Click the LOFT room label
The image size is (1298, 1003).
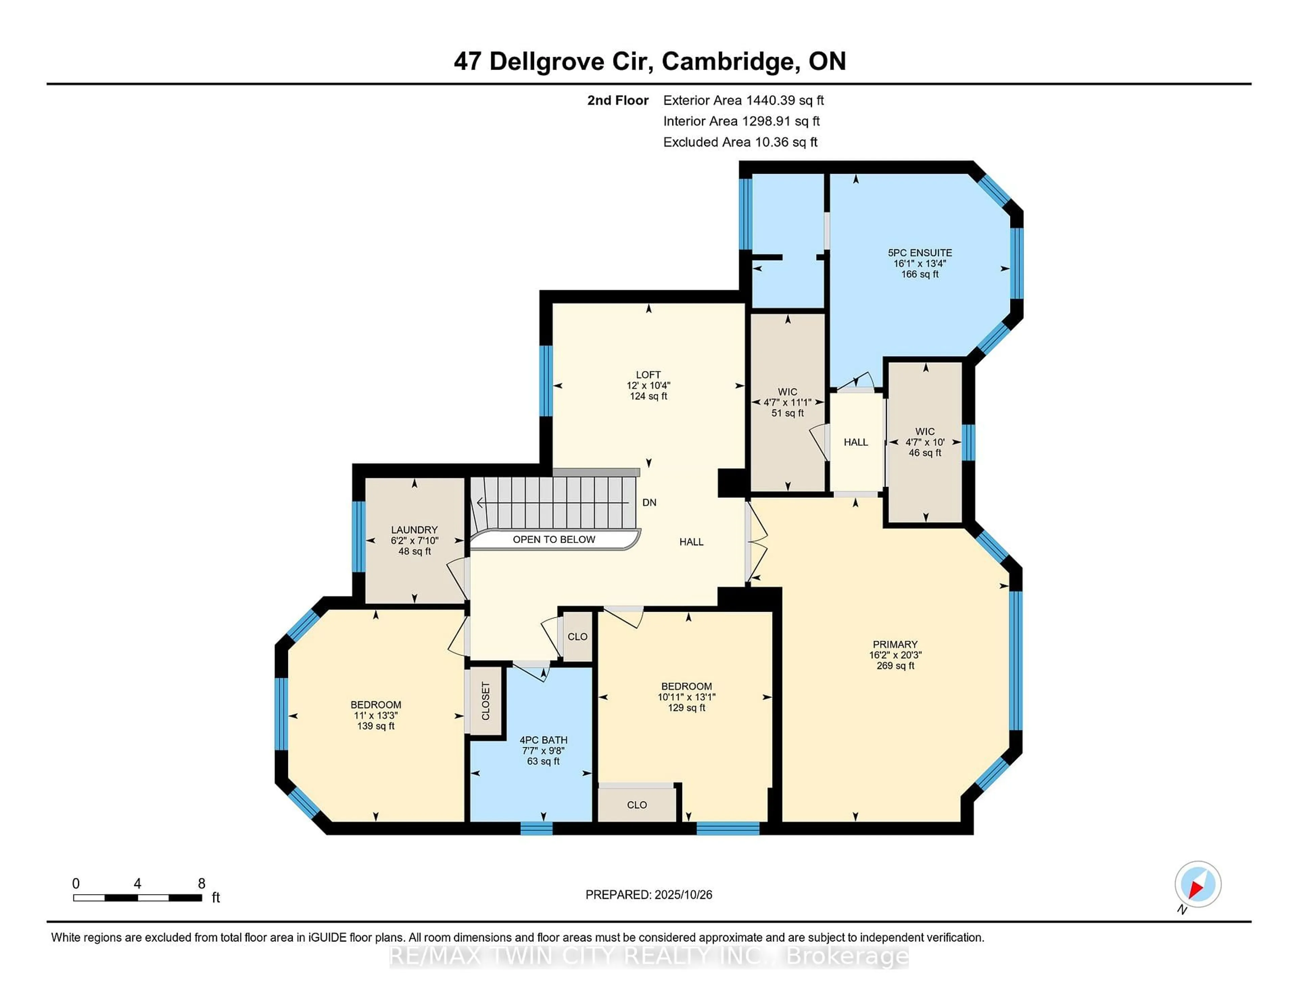[x=648, y=375]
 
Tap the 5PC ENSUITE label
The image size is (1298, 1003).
[x=919, y=252]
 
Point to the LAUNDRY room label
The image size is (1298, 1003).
[x=414, y=530]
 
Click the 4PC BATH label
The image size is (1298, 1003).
[x=543, y=740]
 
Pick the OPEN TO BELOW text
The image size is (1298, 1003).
[x=554, y=540]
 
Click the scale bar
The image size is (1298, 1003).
[x=137, y=898]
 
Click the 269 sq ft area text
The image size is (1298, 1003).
[x=895, y=665]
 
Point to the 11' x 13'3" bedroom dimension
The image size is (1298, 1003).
[x=376, y=715]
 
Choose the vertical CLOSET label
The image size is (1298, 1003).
[x=485, y=701]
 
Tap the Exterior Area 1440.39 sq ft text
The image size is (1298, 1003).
[x=743, y=100]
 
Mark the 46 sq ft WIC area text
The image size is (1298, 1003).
[x=925, y=453]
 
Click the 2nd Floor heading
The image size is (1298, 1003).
[x=618, y=100]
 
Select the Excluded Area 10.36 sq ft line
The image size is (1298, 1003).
[x=740, y=142]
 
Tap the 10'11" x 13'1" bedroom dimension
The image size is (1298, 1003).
[x=687, y=697]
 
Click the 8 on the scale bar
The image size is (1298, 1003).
[x=201, y=884]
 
